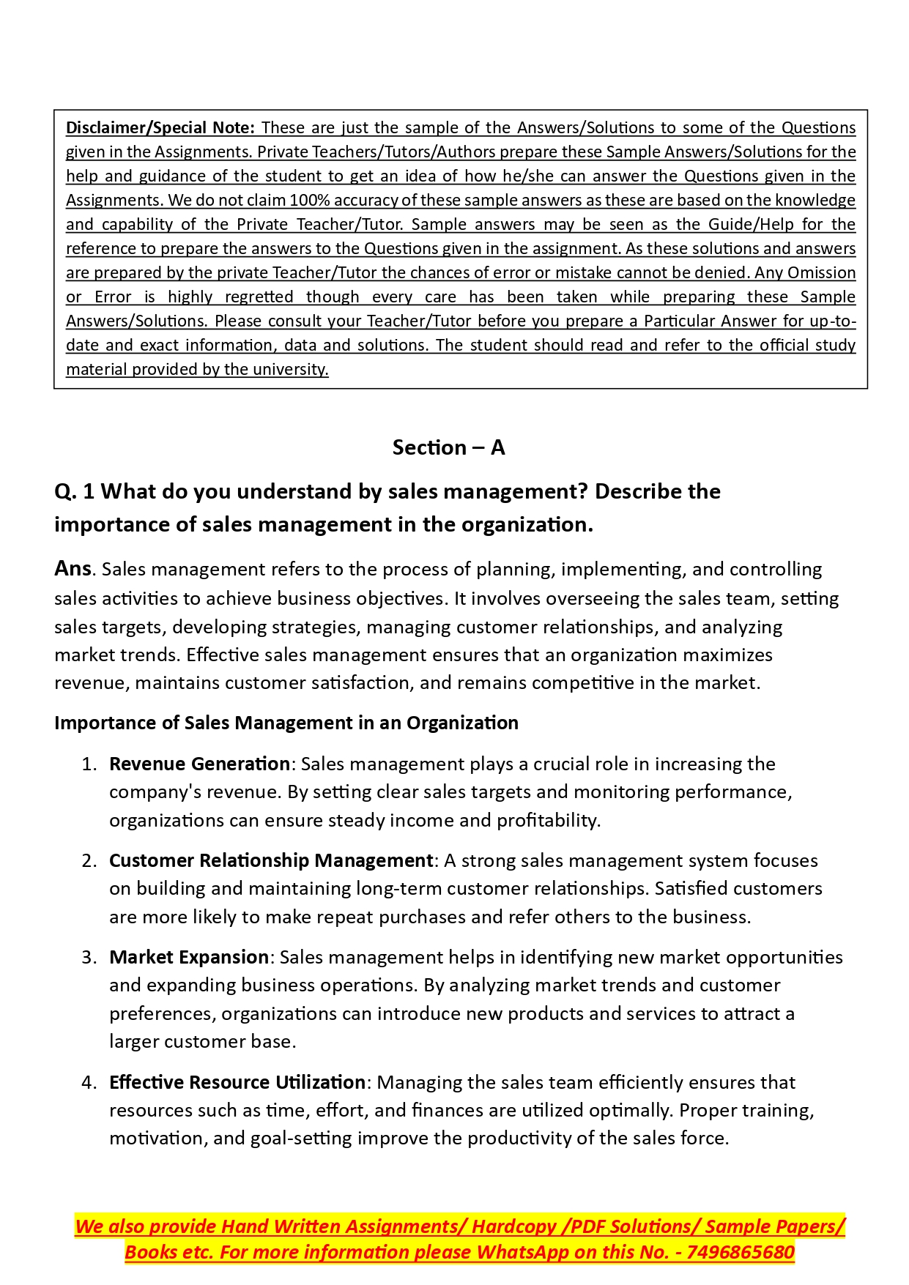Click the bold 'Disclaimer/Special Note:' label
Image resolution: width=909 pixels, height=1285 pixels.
(x=160, y=128)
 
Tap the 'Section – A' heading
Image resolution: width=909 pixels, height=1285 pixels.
(x=448, y=447)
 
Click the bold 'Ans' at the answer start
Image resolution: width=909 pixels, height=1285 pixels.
(x=73, y=568)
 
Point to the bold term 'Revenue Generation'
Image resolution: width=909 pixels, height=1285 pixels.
(x=199, y=764)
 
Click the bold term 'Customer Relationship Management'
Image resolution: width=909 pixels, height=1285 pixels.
(x=271, y=860)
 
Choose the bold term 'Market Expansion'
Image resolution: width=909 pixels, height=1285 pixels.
(x=189, y=957)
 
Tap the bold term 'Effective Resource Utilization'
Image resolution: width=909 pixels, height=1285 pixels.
(x=237, y=1082)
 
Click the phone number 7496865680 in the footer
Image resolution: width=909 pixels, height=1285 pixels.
(x=741, y=1252)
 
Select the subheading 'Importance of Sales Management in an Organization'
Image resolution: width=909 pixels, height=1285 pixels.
(x=286, y=723)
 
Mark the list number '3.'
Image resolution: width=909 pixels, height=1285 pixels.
(x=89, y=957)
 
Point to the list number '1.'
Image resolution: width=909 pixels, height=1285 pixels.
(x=89, y=764)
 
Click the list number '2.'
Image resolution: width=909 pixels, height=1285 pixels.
(x=89, y=860)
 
